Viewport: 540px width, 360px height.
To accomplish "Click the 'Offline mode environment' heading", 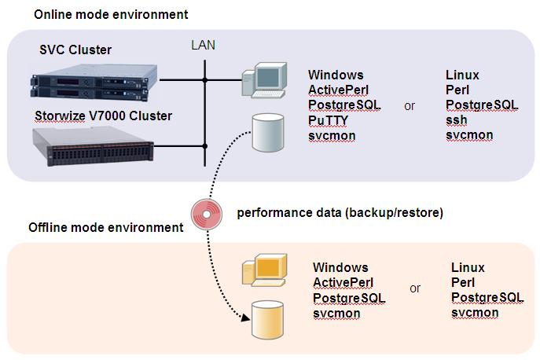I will [x=105, y=227].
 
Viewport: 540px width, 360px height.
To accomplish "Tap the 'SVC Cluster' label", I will [x=75, y=50].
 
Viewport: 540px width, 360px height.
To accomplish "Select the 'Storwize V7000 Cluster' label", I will [x=103, y=116].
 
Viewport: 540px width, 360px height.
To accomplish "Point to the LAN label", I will [x=204, y=46].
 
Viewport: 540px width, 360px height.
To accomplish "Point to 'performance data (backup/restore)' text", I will [x=340, y=211].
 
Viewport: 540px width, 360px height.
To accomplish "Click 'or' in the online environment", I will [x=410, y=105].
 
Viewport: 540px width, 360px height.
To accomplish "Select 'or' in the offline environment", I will [x=415, y=288].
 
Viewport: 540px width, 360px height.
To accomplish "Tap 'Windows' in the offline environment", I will [x=340, y=267].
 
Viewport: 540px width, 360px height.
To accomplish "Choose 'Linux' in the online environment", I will [x=462, y=75].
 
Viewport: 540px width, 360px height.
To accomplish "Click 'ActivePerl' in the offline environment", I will [x=343, y=282].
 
